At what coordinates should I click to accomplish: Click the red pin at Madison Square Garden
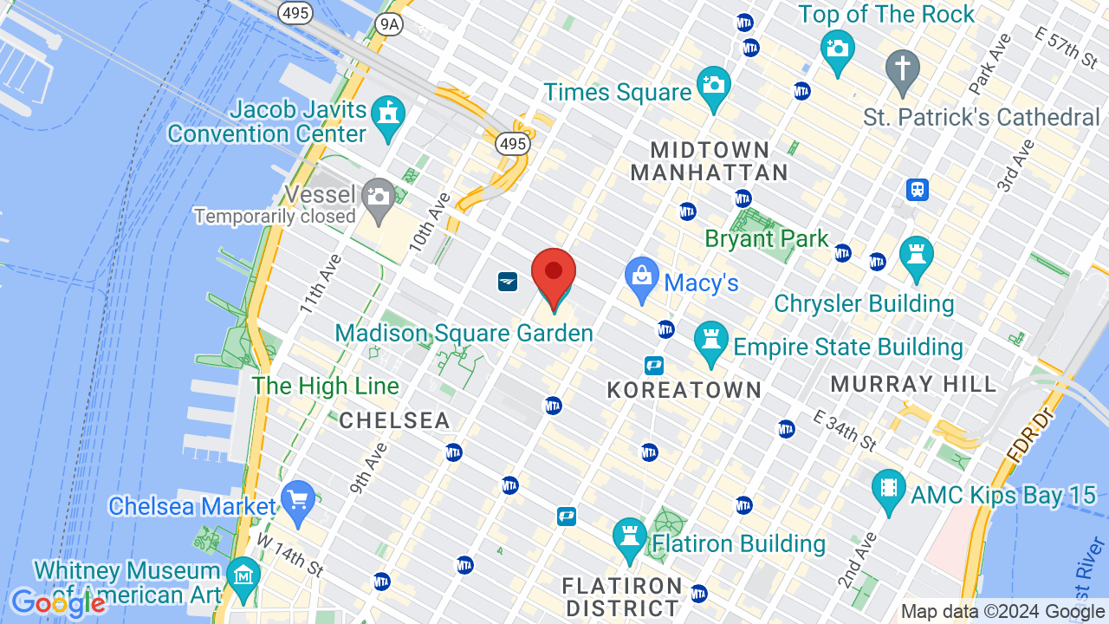coord(554,272)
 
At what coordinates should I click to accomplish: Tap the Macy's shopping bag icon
coord(642,277)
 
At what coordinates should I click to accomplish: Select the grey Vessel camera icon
coord(379,198)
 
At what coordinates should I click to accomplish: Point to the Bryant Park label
coord(767,238)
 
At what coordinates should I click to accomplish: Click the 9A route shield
coord(392,24)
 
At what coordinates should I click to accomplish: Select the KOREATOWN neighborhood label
coord(684,390)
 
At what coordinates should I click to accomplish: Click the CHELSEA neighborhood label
coord(395,421)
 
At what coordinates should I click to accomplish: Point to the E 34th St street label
coord(846,430)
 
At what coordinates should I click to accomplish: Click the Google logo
coord(58,603)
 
